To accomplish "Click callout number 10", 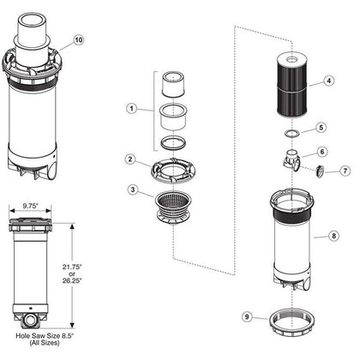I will [79, 40].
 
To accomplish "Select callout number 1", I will [130, 109].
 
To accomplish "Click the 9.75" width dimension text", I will [31, 207].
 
